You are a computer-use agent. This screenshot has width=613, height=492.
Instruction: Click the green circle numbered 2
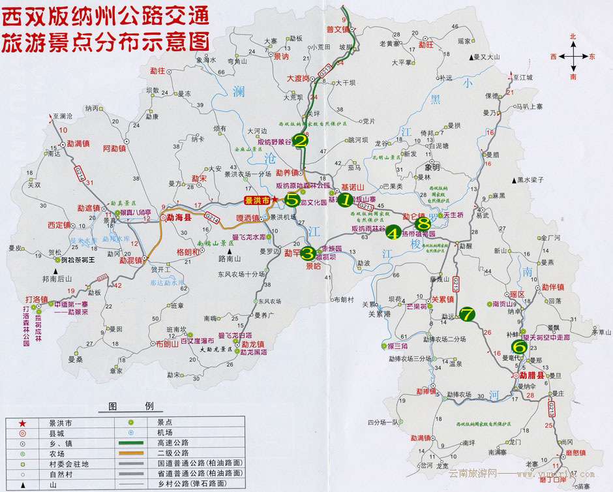point(301,140)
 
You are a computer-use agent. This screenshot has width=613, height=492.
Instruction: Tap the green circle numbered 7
point(468,314)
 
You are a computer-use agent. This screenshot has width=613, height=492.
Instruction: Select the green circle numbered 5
point(292,198)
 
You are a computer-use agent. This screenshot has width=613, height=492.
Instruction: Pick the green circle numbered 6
point(519,346)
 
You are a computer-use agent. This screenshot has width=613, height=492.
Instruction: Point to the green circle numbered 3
point(309,252)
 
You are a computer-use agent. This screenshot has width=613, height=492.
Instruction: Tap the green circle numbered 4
point(393,231)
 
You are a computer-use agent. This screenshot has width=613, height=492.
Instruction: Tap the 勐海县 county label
point(179,219)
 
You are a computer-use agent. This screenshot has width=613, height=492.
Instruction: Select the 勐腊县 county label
point(532,375)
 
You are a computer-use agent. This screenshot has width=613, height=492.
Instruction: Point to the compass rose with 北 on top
point(573,57)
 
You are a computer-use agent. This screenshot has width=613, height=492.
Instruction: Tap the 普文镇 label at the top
point(339,29)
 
